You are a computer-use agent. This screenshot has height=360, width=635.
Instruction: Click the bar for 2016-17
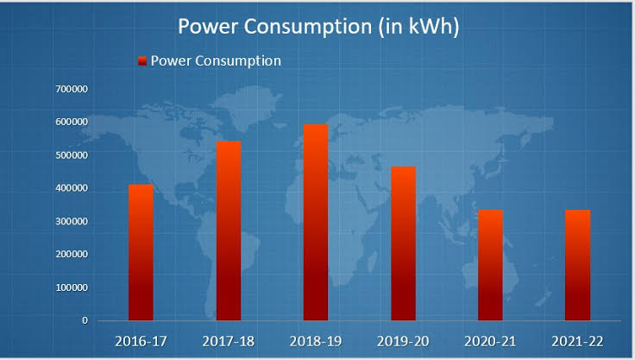tap(141, 252)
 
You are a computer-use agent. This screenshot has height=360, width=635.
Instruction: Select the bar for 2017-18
tap(229, 231)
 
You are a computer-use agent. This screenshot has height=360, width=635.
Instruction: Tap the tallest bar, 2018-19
tap(316, 222)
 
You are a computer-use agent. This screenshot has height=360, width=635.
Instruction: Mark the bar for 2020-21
tap(491, 265)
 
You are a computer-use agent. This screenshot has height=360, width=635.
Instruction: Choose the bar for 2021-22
tap(578, 265)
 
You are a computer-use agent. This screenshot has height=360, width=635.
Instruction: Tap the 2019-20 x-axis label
tap(404, 340)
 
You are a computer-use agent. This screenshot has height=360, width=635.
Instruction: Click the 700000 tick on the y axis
tap(72, 90)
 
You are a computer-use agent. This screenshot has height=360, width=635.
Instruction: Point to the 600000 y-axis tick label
tap(72, 123)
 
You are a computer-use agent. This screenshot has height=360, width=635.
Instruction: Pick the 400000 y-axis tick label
tap(72, 188)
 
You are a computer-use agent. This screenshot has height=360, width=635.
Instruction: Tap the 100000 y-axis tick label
tap(72, 287)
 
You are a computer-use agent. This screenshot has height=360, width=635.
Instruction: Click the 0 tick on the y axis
tap(85, 320)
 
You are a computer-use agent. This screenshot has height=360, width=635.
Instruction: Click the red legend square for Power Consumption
tap(141, 61)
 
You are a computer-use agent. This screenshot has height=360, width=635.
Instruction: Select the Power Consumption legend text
tap(216, 60)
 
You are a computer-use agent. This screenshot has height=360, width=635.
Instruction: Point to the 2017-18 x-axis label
tap(229, 340)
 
